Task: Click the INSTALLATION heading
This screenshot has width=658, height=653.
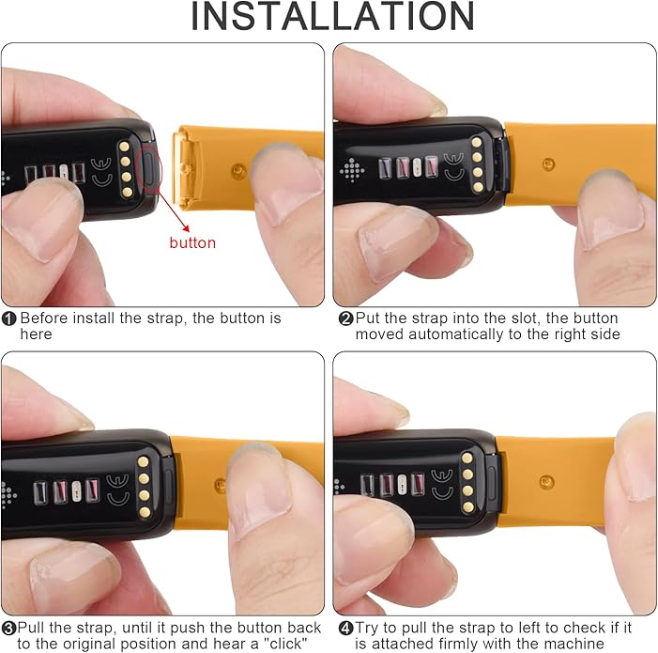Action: tap(332, 16)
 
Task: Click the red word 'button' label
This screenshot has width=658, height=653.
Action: tap(192, 242)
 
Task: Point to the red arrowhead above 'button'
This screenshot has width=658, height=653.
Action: tap(186, 228)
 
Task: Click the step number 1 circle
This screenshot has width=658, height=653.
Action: tap(9, 319)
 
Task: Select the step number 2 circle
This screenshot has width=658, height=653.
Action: tap(345, 319)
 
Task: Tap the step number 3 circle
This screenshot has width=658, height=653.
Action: tap(8, 629)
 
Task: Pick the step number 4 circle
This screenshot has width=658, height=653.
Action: tap(345, 629)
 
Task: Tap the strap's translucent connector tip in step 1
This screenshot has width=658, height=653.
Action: tap(186, 168)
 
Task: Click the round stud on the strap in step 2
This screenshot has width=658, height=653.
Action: tap(548, 164)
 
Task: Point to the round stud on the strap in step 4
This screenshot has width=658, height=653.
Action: tap(546, 482)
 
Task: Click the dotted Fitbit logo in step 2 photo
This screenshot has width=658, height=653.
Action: tap(352, 170)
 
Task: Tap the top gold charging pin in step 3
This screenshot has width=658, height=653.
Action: tap(143, 462)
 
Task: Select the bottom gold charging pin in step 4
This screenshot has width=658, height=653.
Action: tap(468, 507)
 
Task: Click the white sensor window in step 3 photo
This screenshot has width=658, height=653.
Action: tap(76, 491)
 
